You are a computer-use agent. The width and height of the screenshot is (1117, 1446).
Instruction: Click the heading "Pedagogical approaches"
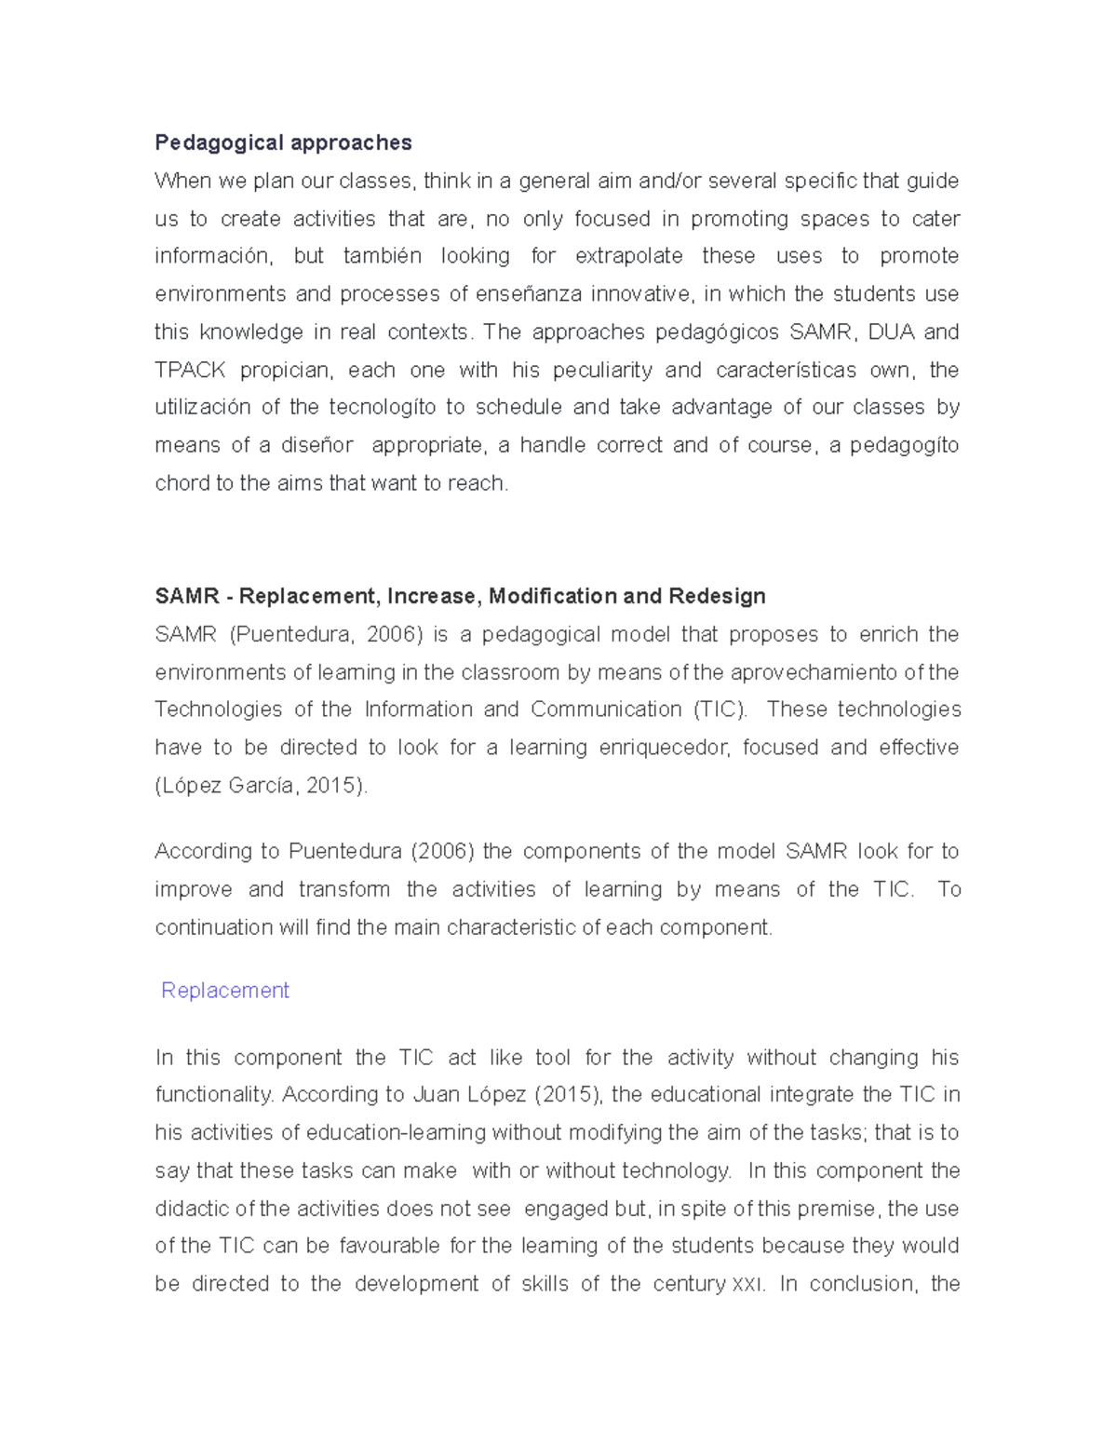[x=283, y=142]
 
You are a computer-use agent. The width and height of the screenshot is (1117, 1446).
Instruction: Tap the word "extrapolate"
[x=628, y=256]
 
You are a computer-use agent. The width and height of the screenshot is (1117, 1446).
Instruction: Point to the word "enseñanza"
[x=529, y=294]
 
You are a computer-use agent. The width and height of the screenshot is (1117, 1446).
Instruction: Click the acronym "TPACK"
[x=190, y=370]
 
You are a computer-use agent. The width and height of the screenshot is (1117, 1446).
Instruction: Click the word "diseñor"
[x=319, y=446]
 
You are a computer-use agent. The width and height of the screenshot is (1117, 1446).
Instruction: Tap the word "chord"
[x=182, y=483]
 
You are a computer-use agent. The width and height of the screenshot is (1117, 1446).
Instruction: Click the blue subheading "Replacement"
[x=225, y=991]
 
